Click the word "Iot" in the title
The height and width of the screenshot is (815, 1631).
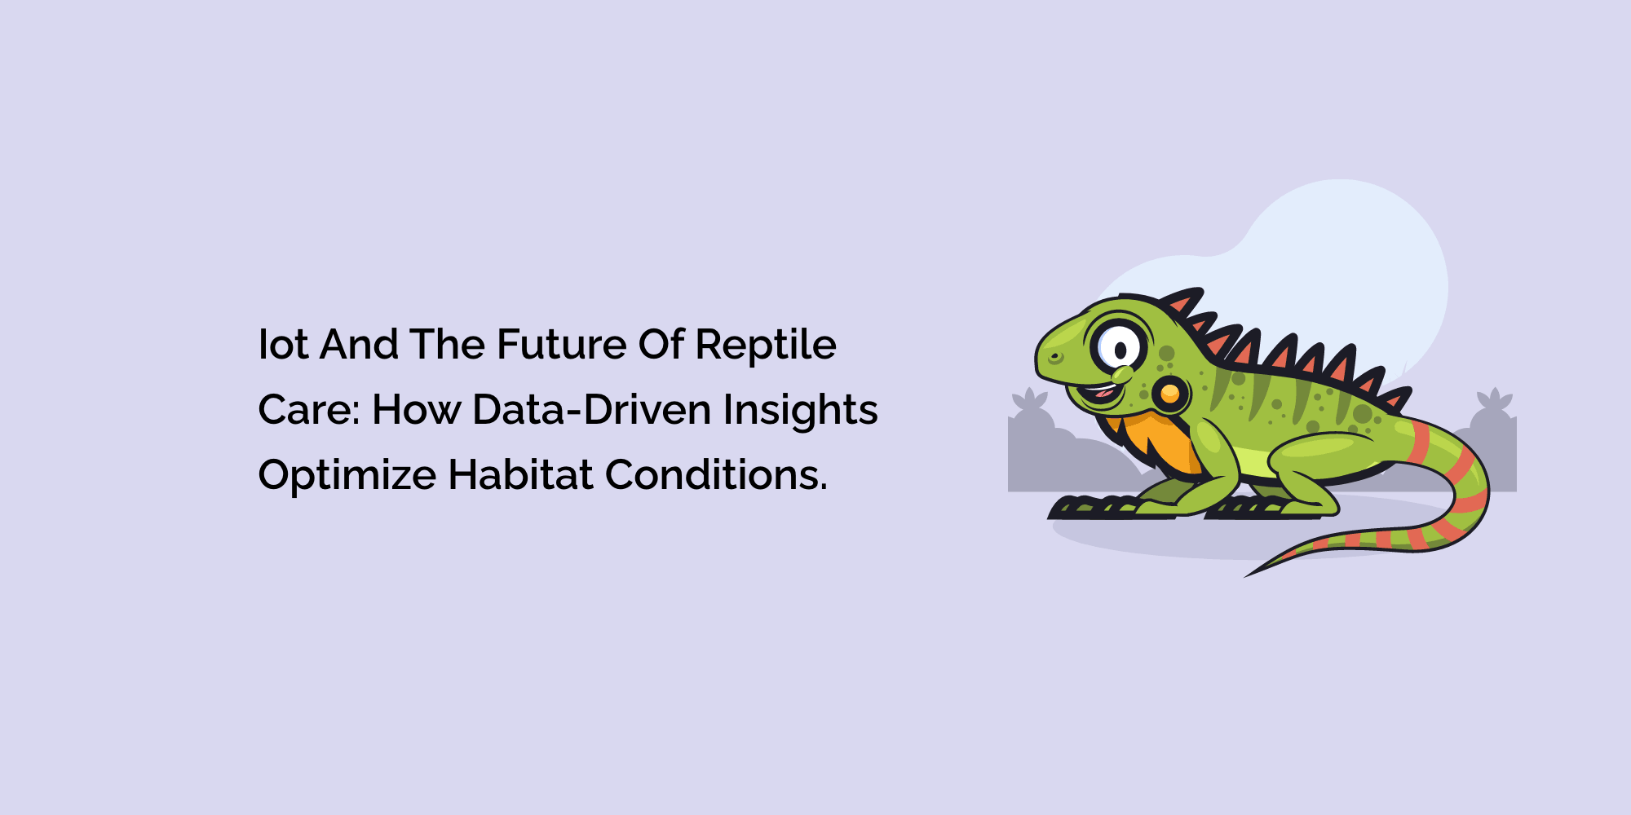point(283,345)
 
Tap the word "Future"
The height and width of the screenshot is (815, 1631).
point(562,345)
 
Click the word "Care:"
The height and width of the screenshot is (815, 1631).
point(309,410)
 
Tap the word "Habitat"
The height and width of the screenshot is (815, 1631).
point(521,474)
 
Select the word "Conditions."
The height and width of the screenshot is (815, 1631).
point(717,474)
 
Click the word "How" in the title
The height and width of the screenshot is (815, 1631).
point(417,410)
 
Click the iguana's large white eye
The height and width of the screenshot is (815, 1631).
point(1119,347)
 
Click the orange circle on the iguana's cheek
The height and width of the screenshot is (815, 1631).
point(1170,394)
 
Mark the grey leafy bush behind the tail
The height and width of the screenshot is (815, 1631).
point(1492,440)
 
